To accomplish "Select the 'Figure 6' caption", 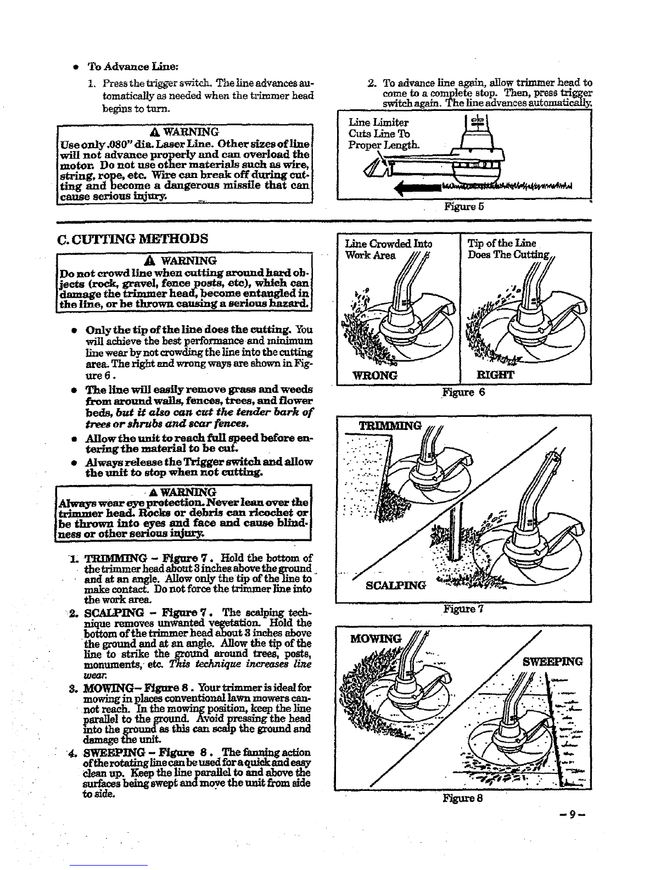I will (463, 392).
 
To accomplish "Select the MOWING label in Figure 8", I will (376, 639).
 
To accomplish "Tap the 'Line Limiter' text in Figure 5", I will (378, 122).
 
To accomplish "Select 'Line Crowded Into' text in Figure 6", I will (388, 244).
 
